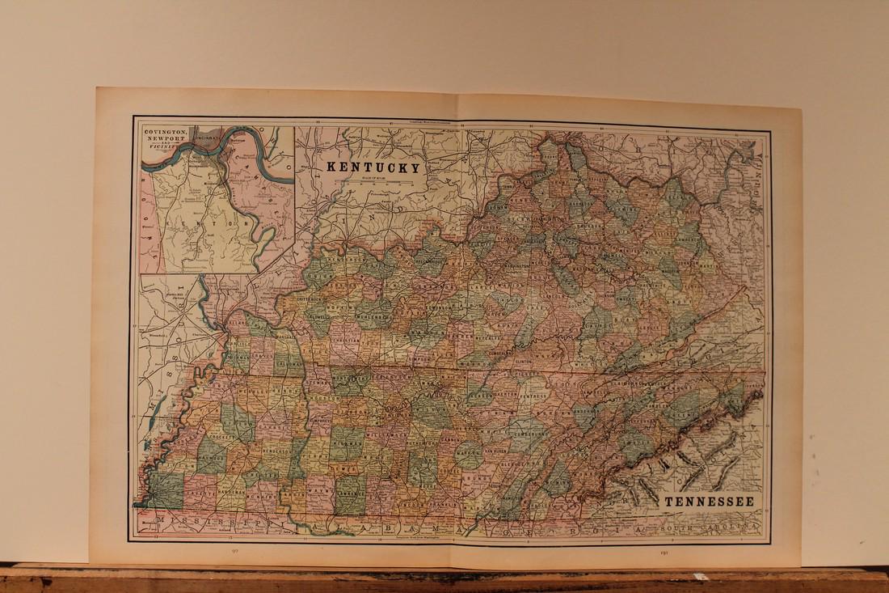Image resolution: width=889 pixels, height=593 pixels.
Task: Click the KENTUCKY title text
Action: coord(373,168)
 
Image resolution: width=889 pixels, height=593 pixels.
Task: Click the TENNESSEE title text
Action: coord(709,502)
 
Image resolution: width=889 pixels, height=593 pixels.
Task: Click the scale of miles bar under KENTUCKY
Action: coord(373,183)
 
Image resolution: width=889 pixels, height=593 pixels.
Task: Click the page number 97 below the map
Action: coord(234,550)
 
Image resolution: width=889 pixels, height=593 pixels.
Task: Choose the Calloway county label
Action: coord(282,365)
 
